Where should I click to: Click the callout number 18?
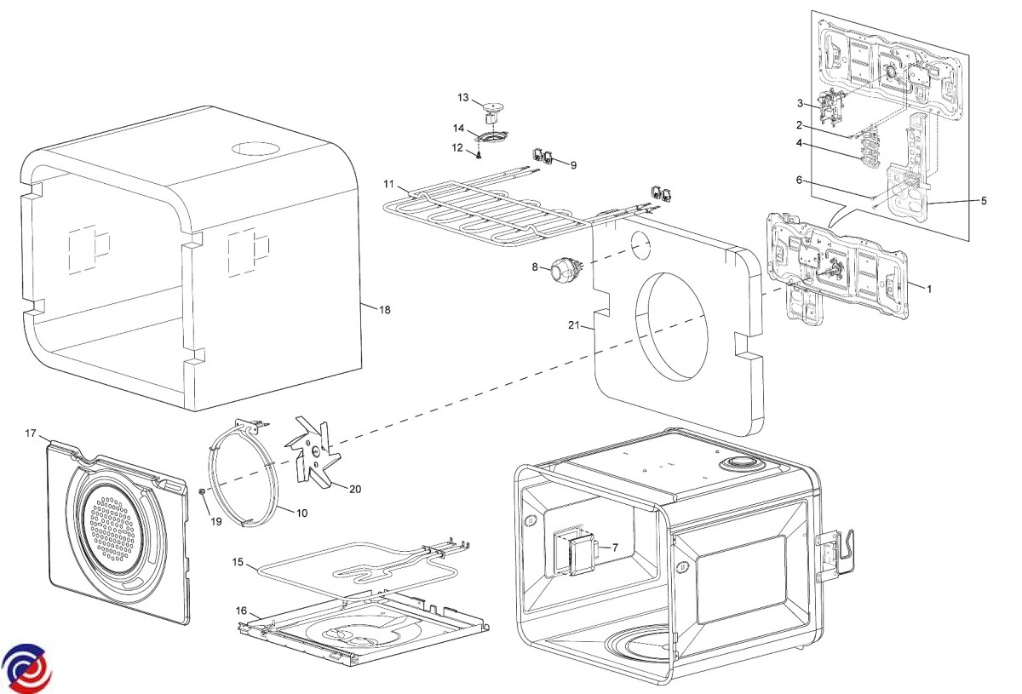[x=385, y=310]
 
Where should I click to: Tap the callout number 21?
[x=574, y=325]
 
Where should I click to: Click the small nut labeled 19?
[x=202, y=492]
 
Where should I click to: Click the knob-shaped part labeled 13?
[x=491, y=108]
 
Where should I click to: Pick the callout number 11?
[x=389, y=184]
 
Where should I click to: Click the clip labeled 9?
[x=543, y=156]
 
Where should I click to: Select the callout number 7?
[x=615, y=548]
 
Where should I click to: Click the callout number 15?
[x=238, y=562]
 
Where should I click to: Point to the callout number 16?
[x=242, y=611]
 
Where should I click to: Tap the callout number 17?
[x=31, y=434]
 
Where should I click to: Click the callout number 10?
[x=302, y=513]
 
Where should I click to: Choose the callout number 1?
[x=929, y=290]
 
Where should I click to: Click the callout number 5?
[x=984, y=201]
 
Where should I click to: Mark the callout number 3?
[x=801, y=104]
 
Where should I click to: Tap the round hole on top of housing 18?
[x=255, y=147]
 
